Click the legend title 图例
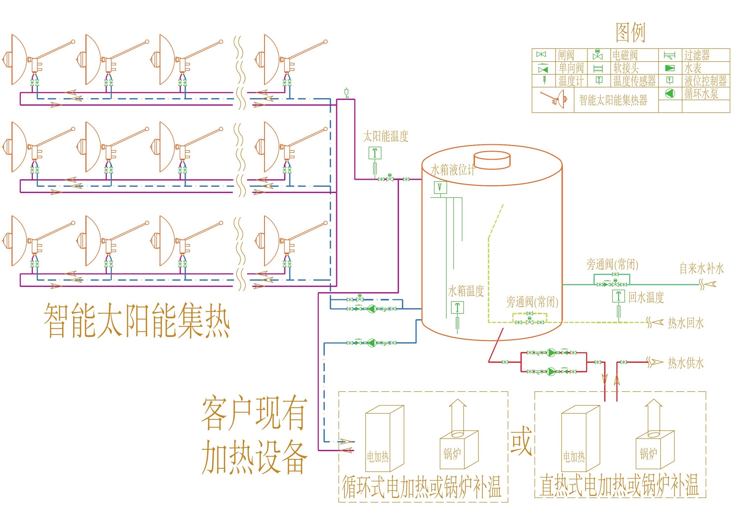point(630,33)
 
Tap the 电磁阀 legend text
point(625,55)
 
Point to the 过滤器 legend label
point(697,55)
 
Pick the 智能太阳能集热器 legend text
point(613,100)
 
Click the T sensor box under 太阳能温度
point(375,153)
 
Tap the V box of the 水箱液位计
point(440,187)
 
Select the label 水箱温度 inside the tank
point(466,291)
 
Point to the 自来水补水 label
point(702,268)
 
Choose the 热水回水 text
point(686,323)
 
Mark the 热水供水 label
point(686,363)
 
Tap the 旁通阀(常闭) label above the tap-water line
point(612,264)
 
